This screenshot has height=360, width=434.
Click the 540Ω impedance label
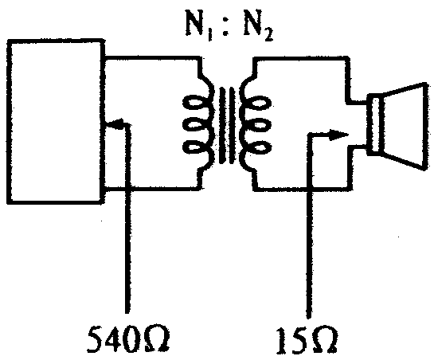(128, 338)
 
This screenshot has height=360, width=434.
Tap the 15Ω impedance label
(307, 340)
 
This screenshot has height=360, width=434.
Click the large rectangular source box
(8, 122)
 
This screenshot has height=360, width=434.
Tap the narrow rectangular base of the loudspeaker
(375, 125)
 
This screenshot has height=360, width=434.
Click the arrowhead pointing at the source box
(114, 123)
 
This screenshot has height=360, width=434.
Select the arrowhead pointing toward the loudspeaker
(338, 135)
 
